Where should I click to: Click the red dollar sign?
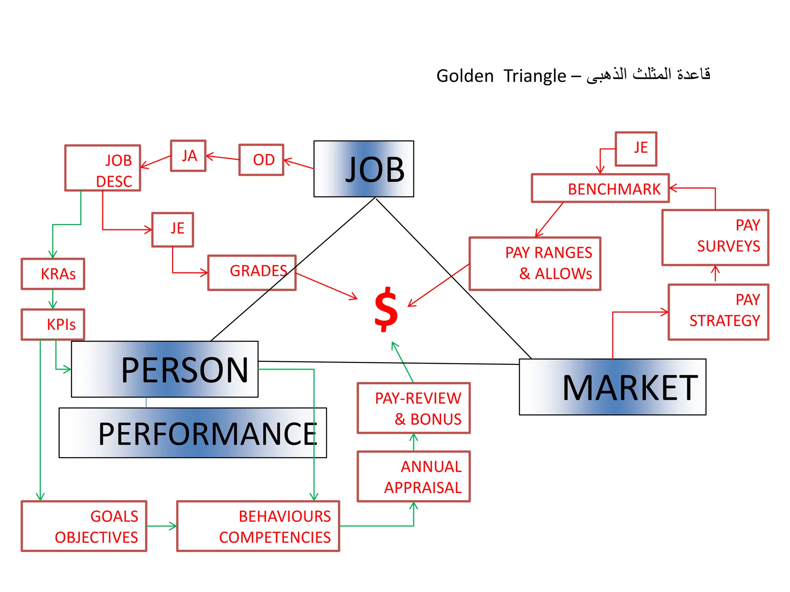click(x=386, y=309)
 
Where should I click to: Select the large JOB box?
click(x=363, y=169)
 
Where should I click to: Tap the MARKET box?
click(x=612, y=387)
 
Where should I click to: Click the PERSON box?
click(x=165, y=369)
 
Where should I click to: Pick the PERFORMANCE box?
click(x=192, y=433)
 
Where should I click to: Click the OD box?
click(x=261, y=160)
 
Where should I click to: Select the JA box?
click(x=188, y=156)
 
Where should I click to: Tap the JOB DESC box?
click(x=103, y=168)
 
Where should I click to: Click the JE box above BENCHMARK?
click(x=636, y=149)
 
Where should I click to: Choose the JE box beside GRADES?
click(x=173, y=230)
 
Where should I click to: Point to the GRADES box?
click(x=252, y=272)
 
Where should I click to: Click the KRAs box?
click(x=53, y=274)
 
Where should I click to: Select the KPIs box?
click(x=53, y=325)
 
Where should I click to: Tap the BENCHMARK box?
click(x=600, y=188)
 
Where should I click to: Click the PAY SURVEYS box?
click(x=715, y=237)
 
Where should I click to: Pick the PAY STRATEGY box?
click(x=718, y=312)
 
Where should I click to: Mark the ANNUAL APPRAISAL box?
click(x=414, y=476)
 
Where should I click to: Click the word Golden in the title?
click(x=465, y=76)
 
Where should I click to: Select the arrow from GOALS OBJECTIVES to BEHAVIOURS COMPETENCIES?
click(x=162, y=526)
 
